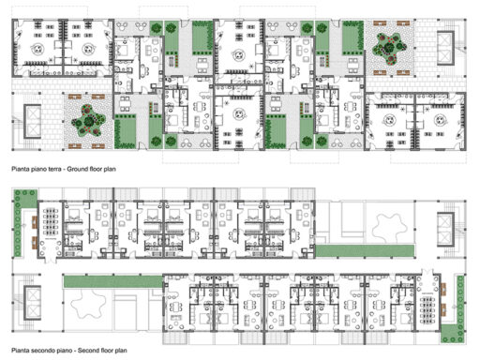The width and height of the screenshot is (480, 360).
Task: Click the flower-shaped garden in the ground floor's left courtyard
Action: tap(88, 120)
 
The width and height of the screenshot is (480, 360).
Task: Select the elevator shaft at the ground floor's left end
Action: tap(29, 120)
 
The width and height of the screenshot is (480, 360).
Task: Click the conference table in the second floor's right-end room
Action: tap(428, 303)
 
